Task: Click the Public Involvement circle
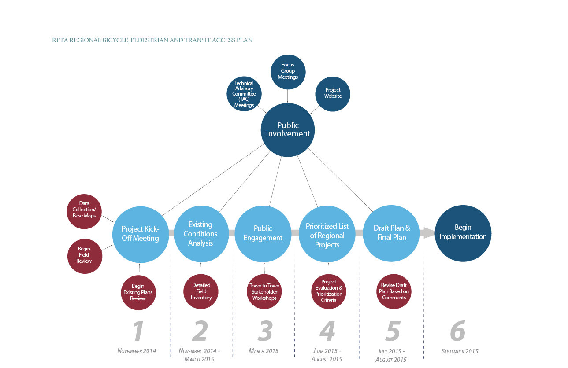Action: click(x=288, y=130)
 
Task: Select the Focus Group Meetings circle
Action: click(x=288, y=71)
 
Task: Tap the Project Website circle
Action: click(x=333, y=93)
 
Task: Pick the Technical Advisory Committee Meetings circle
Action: click(x=244, y=94)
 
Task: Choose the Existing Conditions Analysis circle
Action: click(x=201, y=234)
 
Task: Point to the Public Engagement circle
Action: click(x=263, y=234)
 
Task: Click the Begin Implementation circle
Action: click(x=463, y=233)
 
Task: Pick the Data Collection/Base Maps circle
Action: click(x=84, y=210)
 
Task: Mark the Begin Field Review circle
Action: click(x=84, y=255)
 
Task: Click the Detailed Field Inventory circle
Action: click(x=201, y=291)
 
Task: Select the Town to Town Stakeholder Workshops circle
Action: click(x=264, y=292)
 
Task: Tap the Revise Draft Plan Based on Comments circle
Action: click(x=394, y=291)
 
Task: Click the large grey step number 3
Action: click(x=265, y=331)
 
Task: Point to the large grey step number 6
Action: click(x=458, y=331)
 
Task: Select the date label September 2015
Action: click(x=460, y=351)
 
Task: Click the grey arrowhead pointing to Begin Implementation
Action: click(x=428, y=233)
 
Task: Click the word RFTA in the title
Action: click(x=59, y=40)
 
